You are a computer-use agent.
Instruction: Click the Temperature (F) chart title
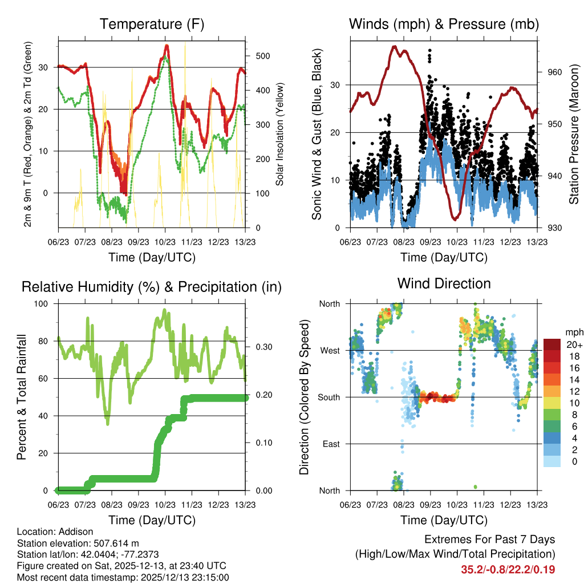152,25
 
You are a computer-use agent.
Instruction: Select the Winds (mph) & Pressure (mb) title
444,25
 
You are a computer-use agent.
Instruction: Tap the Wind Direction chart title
444,283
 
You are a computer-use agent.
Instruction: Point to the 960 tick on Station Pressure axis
555,72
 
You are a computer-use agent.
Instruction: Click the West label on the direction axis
330,350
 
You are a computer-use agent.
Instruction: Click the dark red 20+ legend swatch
551,344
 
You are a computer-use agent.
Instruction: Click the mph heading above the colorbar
573,332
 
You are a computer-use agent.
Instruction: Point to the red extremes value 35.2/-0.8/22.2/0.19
508,570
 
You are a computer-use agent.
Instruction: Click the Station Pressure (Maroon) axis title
574,134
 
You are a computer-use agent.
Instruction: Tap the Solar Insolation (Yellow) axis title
279,135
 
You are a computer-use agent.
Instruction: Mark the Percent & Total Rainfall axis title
22,397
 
